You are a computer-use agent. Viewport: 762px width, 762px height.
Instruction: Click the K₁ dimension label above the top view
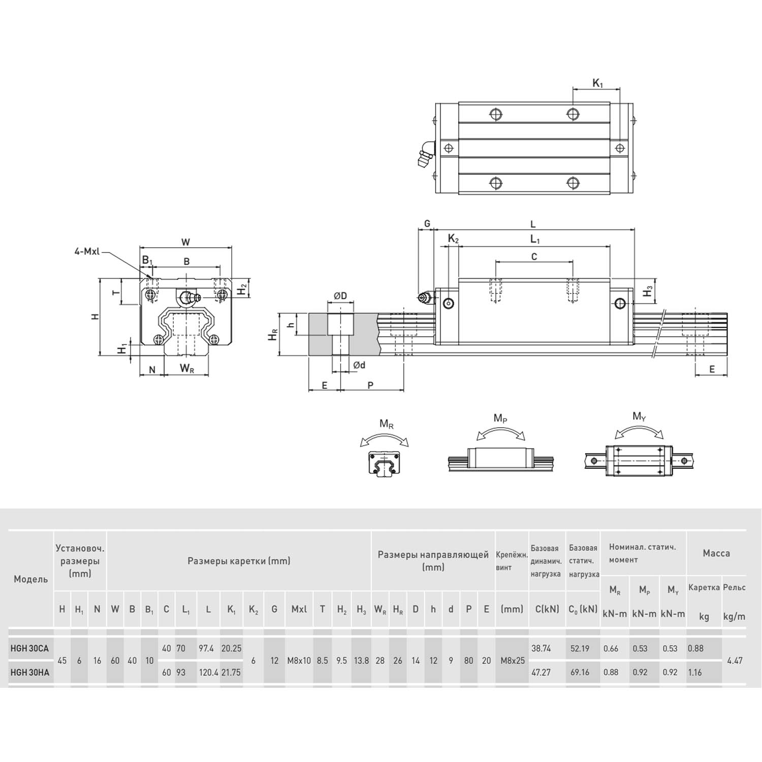[x=597, y=83]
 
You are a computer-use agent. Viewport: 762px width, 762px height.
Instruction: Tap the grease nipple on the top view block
[x=424, y=154]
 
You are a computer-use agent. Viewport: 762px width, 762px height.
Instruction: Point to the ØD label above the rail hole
[x=340, y=296]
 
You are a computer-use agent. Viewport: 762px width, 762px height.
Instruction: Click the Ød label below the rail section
[x=359, y=365]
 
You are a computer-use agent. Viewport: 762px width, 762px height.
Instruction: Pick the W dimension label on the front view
[x=186, y=242]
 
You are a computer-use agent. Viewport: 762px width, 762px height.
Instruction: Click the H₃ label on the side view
[x=648, y=291]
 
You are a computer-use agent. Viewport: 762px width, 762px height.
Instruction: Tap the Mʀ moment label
[x=386, y=424]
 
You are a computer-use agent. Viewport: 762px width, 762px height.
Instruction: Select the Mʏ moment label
[x=639, y=417]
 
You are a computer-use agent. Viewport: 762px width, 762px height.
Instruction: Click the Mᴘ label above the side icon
[x=500, y=419]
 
